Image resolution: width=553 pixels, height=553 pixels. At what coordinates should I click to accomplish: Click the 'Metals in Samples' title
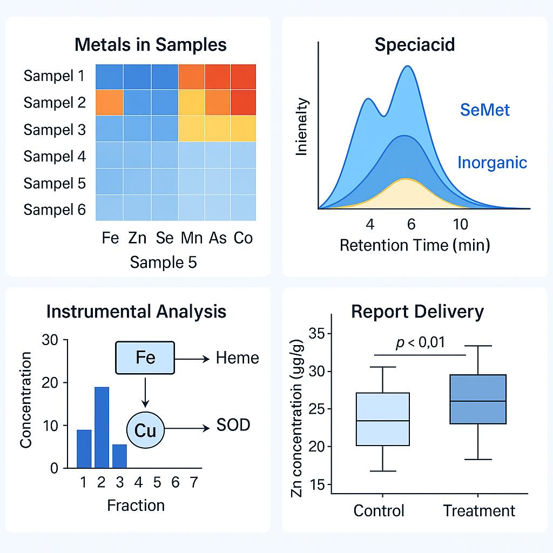pos(151,45)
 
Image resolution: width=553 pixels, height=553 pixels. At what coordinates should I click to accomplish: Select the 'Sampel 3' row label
pos(55,130)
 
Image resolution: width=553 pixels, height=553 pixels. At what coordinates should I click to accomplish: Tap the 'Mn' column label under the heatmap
pos(192,238)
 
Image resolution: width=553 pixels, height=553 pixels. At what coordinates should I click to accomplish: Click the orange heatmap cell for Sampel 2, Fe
pos(109,103)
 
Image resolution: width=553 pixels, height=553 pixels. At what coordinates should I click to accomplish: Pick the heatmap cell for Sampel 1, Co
pos(244,77)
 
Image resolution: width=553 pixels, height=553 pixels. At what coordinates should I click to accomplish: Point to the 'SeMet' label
pos(484,110)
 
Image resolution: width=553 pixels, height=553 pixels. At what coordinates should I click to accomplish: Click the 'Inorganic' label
pos(493,163)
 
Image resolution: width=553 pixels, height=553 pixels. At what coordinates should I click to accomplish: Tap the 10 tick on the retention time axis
pos(460,224)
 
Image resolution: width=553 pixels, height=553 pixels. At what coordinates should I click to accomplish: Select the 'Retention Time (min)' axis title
pos(415,245)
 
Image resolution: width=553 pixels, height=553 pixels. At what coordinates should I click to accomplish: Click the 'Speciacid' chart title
pos(415,45)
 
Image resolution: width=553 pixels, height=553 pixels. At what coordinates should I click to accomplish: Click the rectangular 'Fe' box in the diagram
pos(145,358)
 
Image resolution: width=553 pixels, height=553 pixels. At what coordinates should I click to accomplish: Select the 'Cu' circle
pos(145,430)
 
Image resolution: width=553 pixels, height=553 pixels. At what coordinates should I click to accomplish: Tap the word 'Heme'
pos(238,358)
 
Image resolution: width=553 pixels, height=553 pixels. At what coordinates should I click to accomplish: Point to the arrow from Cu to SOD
pos(187,428)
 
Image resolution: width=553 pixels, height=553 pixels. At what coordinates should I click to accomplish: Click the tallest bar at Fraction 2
pos(102,428)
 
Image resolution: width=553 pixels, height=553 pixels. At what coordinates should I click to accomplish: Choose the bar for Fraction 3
pos(119,456)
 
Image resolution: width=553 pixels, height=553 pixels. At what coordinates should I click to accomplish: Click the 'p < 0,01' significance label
pos(420,342)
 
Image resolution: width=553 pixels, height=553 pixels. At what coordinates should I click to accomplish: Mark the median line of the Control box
pos(383,421)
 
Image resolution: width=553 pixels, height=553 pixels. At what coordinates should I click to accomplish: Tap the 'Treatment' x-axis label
pos(479,511)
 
